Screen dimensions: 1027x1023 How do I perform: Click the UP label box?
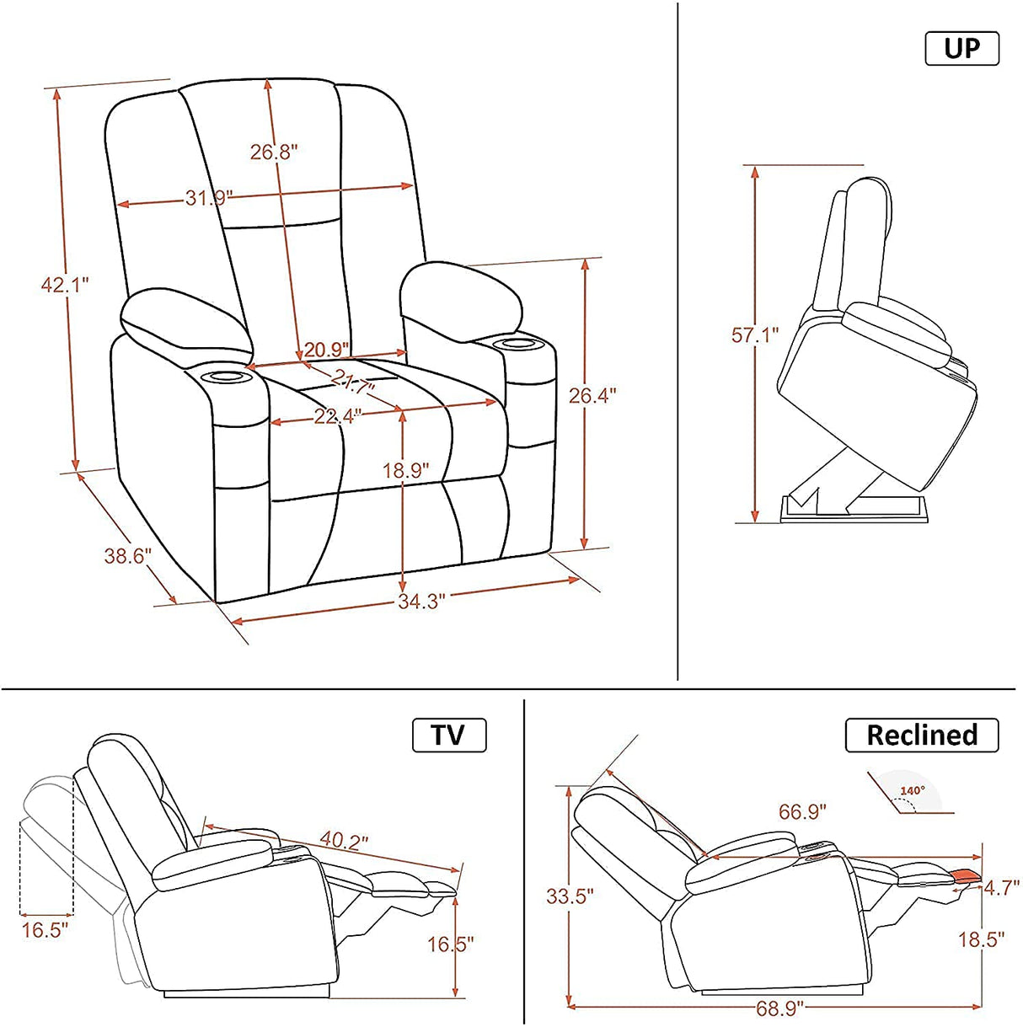961,48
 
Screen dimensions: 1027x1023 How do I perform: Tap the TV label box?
449,735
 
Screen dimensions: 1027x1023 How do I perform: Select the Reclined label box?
922,735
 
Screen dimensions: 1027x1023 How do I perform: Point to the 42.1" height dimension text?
65,285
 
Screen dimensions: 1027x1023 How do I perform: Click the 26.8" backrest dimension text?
274,152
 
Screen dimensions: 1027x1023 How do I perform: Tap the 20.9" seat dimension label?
327,350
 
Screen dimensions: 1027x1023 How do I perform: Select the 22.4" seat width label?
337,415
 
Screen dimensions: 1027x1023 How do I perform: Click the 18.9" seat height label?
406,470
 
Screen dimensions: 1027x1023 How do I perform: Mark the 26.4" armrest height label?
592,394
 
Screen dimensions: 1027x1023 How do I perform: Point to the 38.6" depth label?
127,556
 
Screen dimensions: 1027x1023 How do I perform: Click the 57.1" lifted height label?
755,335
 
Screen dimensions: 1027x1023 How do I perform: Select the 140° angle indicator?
912,791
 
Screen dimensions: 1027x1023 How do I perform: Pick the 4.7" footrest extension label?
1002,887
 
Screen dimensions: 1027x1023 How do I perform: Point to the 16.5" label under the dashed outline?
45,930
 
